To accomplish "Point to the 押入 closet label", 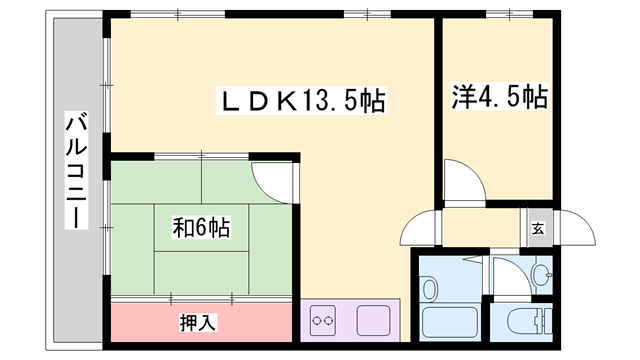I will coord(196,323).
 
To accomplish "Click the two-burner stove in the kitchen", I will coord(322,321).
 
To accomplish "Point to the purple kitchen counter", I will coord(349,321).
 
